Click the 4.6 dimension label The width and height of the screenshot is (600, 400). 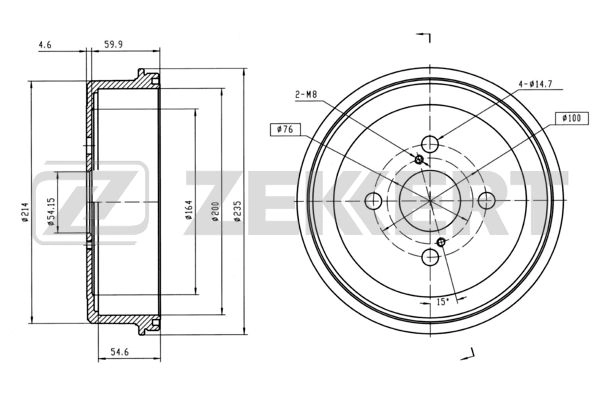pyautogui.click(x=45, y=45)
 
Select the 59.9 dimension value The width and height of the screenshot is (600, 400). pyautogui.click(x=113, y=45)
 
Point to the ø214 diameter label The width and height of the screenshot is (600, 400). pyautogui.click(x=25, y=212)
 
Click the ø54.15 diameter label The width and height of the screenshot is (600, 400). pyautogui.click(x=51, y=210)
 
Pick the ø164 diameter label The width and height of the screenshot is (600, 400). pyautogui.click(x=188, y=210)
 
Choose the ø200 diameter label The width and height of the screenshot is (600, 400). pyautogui.click(x=215, y=211)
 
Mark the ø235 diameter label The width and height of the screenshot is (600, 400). pyautogui.click(x=238, y=211)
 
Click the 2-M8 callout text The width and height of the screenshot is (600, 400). pyautogui.click(x=306, y=94)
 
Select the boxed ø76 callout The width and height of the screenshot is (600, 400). pyautogui.click(x=285, y=130)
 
